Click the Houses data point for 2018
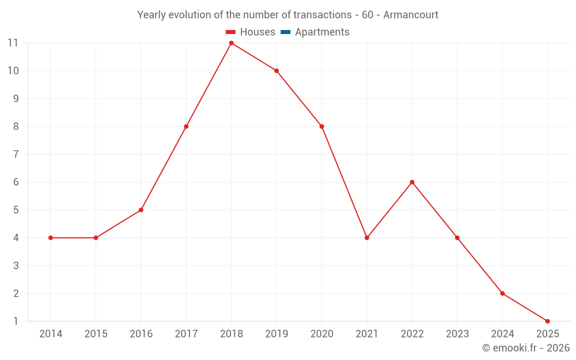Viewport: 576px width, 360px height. click(231, 43)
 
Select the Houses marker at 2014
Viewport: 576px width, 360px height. click(51, 238)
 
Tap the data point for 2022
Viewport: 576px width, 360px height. click(412, 182)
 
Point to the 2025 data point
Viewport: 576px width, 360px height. click(547, 321)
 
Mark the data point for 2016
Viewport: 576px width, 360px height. click(141, 210)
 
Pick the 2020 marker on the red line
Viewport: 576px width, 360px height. click(321, 127)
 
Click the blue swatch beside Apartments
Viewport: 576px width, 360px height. click(286, 32)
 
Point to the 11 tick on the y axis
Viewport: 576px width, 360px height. click(13, 43)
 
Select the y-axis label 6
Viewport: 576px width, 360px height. click(16, 182)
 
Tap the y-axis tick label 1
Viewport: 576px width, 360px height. click(16, 321)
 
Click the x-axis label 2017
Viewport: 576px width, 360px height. click(186, 334)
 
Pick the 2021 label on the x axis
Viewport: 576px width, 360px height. click(367, 334)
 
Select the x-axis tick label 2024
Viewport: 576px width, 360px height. click(502, 334)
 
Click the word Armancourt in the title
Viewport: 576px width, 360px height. click(411, 15)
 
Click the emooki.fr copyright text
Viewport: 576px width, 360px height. click(526, 348)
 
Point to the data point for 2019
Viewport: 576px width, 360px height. click(276, 71)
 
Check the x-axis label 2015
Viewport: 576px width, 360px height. click(96, 334)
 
